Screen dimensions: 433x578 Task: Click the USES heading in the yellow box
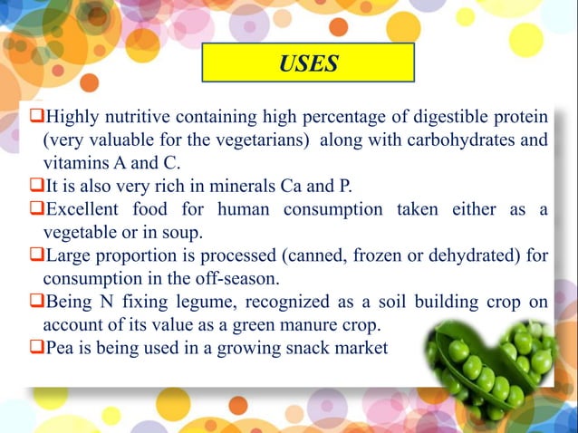(x=308, y=63)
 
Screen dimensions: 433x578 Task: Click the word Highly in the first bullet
(x=70, y=118)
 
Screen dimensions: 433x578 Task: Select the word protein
(x=518, y=118)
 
